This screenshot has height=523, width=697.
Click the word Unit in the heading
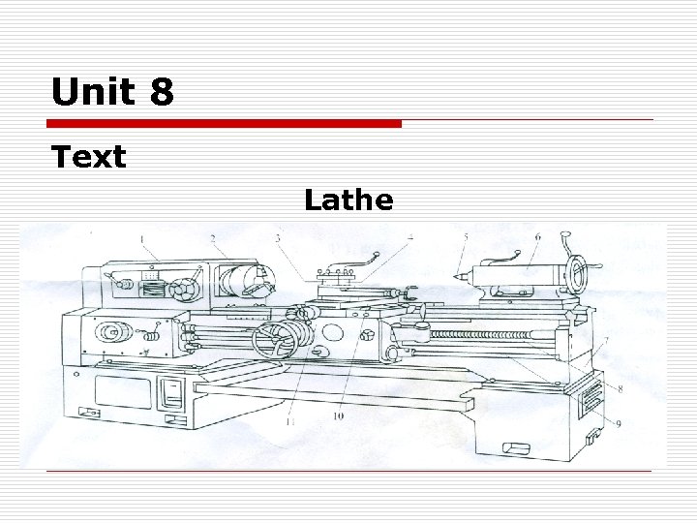93,91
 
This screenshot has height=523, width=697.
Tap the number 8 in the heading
162,91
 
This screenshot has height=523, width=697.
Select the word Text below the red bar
89,157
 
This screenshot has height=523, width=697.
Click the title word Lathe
348,200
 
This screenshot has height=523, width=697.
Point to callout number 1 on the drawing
141,240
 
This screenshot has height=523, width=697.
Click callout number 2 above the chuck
213,239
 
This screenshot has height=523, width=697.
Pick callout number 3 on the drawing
278,238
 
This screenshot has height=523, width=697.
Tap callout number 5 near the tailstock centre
466,237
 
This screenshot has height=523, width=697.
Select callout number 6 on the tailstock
538,237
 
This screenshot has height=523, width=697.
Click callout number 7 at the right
606,341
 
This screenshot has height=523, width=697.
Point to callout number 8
621,389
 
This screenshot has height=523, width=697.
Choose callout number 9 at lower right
618,424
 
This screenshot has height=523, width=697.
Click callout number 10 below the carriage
338,416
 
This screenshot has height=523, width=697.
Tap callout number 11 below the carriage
290,421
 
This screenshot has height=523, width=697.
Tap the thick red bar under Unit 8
224,124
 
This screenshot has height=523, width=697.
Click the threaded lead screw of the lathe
480,334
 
